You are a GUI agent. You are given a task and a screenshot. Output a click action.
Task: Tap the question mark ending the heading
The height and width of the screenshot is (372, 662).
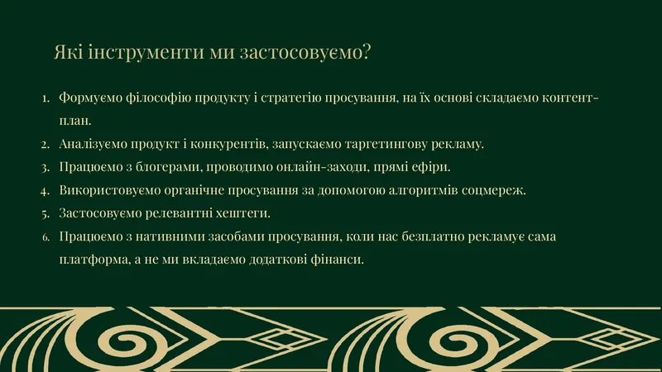pos(366,51)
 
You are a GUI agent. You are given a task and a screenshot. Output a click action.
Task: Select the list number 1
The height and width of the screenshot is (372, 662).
pos(46,98)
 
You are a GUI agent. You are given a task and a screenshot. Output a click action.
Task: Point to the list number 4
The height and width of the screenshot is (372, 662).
pos(46,191)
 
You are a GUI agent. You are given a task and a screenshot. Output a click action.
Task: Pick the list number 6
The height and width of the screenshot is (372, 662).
pos(46,237)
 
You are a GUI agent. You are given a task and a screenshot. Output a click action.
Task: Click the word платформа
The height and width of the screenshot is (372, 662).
pos(94,260)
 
